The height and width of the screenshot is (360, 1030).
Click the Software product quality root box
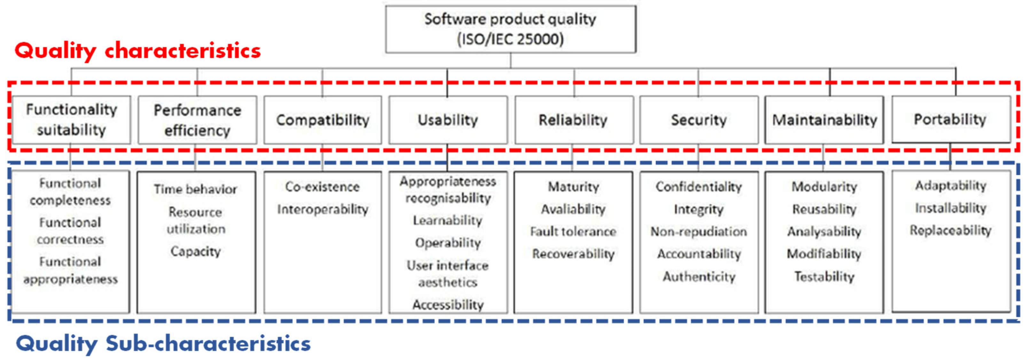510,29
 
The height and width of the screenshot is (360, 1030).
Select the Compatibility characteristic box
322,120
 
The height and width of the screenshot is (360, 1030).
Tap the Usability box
448,120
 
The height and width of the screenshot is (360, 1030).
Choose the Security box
698,120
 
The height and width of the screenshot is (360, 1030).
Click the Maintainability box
824,120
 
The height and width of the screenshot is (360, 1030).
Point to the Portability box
950,119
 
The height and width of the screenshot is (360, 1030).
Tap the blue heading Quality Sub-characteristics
163,343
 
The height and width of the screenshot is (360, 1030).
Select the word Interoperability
322,209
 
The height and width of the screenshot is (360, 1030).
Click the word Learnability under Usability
448,220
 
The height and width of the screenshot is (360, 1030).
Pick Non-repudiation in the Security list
698,231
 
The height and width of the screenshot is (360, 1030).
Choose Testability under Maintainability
824,277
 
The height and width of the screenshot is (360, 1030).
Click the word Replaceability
950,231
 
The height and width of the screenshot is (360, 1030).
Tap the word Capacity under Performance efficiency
196,251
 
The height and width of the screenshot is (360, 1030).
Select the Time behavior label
196,189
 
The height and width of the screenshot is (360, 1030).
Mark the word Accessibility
448,305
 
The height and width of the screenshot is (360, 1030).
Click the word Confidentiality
698,186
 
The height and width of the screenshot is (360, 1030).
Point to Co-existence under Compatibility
322,186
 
